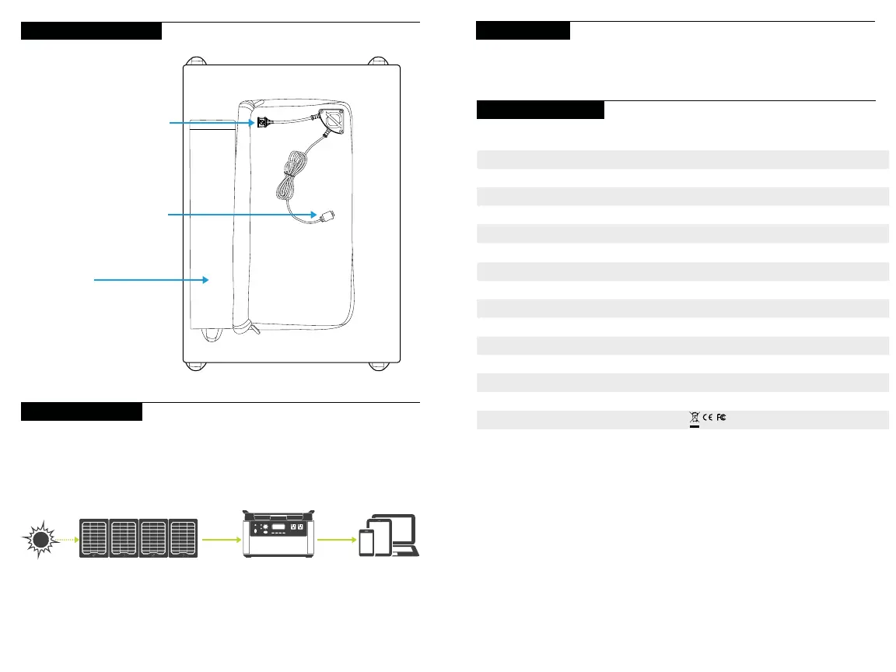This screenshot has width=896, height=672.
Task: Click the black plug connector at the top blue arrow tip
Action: [263, 122]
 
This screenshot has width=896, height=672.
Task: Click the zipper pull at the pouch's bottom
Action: [253, 330]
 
